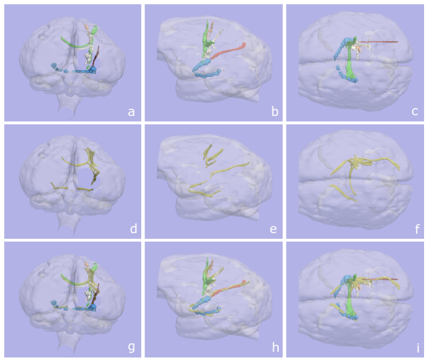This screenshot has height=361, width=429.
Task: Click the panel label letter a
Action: [131, 112]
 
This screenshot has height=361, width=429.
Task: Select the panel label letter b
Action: [273, 112]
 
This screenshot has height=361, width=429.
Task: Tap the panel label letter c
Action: [416, 112]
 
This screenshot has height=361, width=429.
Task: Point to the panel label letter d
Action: [131, 229]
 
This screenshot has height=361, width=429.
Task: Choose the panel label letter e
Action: [273, 229]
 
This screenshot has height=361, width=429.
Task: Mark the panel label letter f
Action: [416, 229]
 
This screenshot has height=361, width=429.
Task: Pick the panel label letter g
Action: [131, 347]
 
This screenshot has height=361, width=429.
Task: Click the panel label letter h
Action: [273, 347]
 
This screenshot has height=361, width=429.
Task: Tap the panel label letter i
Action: [416, 347]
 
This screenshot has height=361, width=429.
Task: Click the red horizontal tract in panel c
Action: [385, 42]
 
